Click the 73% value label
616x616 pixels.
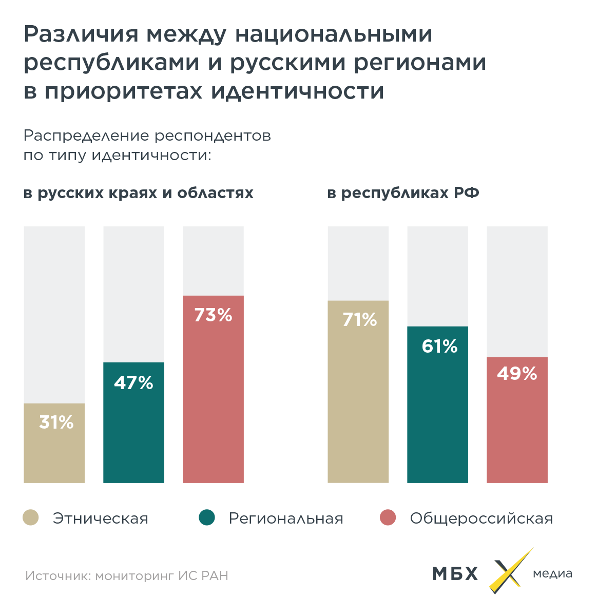(x=213, y=315)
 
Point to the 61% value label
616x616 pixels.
(x=439, y=346)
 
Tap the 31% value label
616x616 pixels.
(x=56, y=422)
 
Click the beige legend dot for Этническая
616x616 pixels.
(x=31, y=517)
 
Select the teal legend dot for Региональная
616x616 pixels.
(x=207, y=517)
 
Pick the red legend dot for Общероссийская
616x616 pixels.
(x=388, y=517)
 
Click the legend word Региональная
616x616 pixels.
(x=286, y=518)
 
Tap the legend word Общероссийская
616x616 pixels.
(x=481, y=518)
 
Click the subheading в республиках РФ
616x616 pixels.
(x=403, y=193)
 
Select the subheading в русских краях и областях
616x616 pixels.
(x=139, y=193)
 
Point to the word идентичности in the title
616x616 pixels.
(x=297, y=91)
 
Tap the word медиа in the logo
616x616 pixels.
(x=552, y=573)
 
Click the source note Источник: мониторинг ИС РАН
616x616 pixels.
(x=127, y=575)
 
